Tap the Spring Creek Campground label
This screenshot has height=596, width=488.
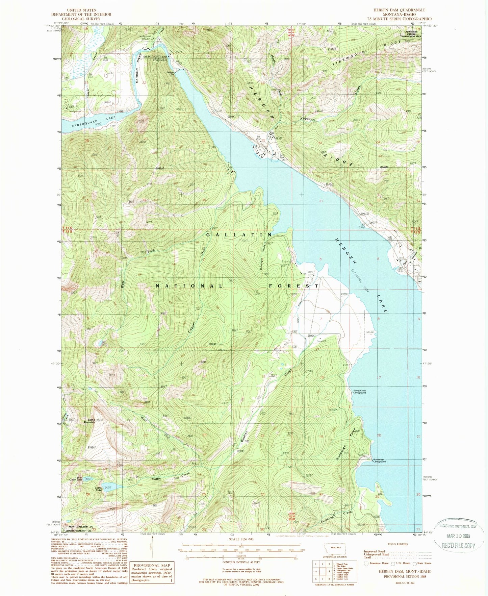pyautogui.click(x=359, y=392)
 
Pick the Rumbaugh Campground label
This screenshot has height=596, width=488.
pyautogui.click(x=379, y=461)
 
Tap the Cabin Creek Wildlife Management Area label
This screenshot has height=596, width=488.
pyautogui.click(x=411, y=34)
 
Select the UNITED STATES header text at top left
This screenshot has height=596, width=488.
pyautogui.click(x=81, y=10)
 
